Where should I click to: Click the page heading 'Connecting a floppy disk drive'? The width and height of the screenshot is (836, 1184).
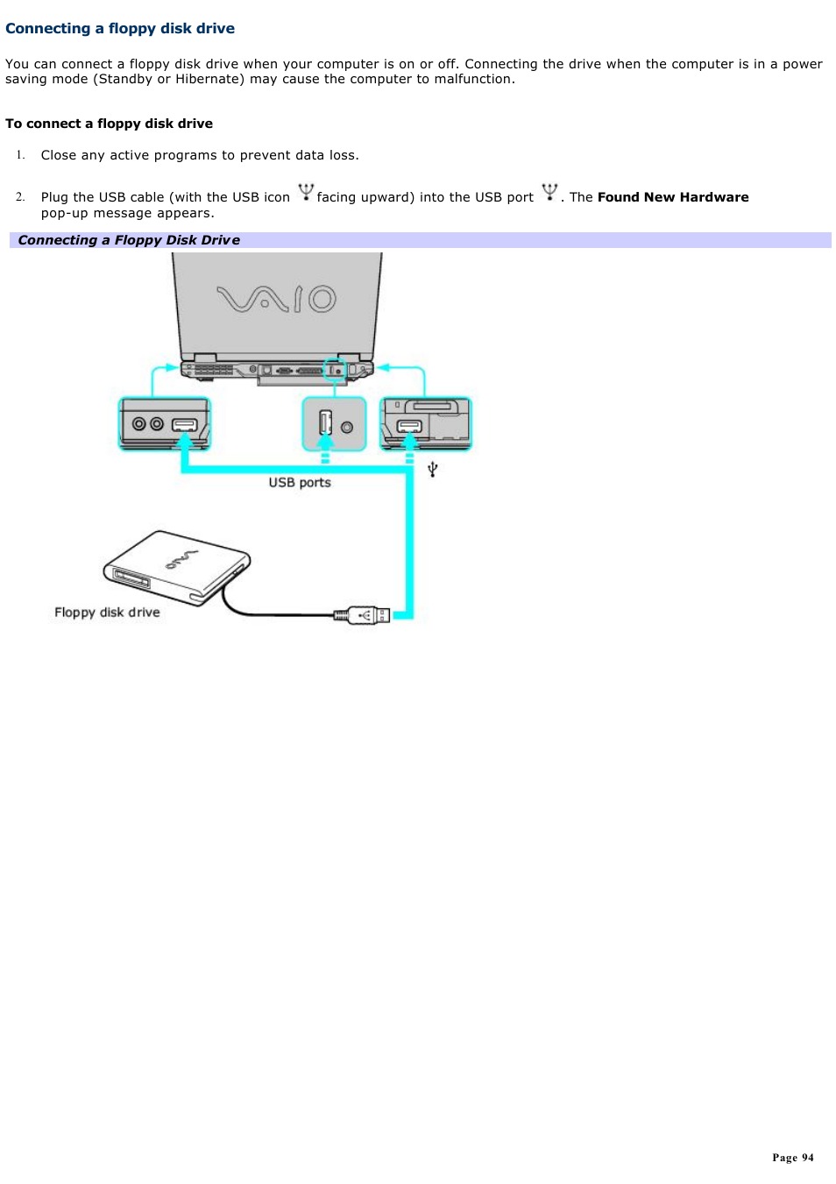coord(120,28)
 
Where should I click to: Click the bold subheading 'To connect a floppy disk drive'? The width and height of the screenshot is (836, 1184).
coord(109,124)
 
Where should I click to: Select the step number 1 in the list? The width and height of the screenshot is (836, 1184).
coord(19,155)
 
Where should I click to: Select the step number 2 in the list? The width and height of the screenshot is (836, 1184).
coord(19,197)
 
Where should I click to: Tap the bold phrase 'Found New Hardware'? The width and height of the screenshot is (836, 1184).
coord(672,197)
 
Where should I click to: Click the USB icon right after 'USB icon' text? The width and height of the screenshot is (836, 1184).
coord(305,192)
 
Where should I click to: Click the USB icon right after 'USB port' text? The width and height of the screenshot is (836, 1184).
coord(549,192)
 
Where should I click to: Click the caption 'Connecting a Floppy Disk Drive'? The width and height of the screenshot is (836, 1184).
coord(129,240)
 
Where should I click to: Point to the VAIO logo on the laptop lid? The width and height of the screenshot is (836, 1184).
coord(277,299)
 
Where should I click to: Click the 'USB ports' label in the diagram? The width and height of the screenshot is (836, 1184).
coord(300,482)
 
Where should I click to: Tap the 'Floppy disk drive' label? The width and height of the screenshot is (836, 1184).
coord(107,613)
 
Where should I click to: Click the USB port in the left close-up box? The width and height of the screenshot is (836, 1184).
coord(184,425)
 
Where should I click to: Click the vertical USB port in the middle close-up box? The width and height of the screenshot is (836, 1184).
coord(325,422)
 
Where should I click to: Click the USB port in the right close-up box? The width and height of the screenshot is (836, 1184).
coord(409,427)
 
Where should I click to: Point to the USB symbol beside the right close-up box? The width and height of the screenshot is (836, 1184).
coord(432,470)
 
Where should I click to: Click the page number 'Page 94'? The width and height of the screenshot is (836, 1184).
coord(792,1158)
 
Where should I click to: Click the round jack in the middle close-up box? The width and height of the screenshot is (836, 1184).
coord(347,427)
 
